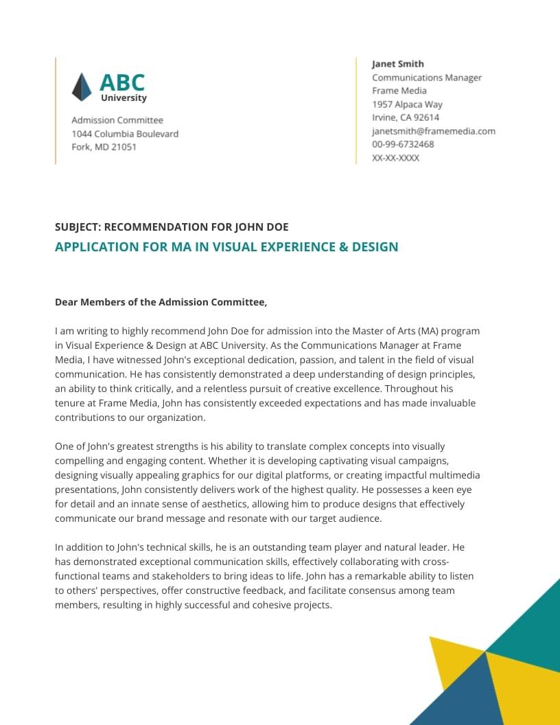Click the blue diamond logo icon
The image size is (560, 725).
click(x=82, y=87)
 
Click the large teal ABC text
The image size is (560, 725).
click(x=122, y=82)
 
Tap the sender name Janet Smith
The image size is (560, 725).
click(x=398, y=64)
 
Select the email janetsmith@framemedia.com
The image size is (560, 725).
click(x=433, y=131)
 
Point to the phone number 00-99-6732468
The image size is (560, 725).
click(x=403, y=144)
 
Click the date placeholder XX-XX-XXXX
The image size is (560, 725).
click(x=395, y=158)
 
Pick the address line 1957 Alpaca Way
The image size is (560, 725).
click(x=407, y=104)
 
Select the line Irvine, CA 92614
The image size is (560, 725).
click(x=406, y=117)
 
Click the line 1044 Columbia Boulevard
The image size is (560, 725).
click(x=125, y=134)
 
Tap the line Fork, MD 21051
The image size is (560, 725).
click(x=104, y=147)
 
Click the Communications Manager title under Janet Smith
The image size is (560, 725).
click(x=427, y=78)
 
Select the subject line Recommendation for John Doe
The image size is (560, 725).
click(x=172, y=227)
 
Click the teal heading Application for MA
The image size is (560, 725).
click(x=226, y=247)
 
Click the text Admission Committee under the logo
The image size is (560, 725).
click(x=117, y=120)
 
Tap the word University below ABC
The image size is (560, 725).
click(x=124, y=98)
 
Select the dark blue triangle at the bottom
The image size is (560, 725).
click(x=460, y=700)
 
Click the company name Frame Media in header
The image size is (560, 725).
click(x=399, y=91)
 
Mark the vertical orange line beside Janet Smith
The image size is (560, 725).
click(x=356, y=111)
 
